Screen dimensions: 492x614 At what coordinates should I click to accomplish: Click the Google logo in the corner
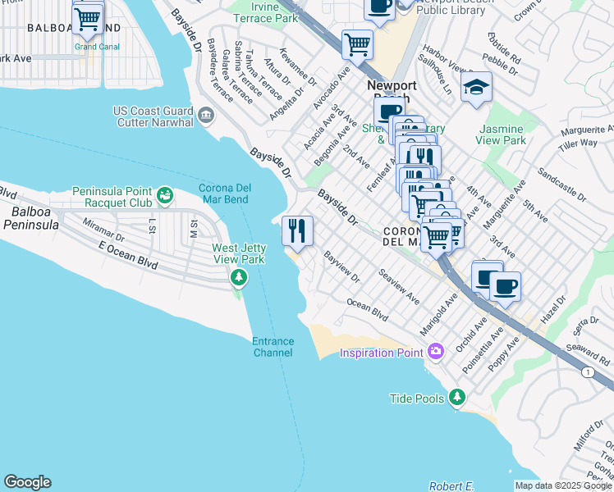pyautogui.click(x=27, y=482)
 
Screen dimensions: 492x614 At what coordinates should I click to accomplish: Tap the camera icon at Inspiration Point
pyautogui.click(x=435, y=352)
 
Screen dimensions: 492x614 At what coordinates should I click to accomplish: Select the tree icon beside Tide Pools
pyautogui.click(x=457, y=399)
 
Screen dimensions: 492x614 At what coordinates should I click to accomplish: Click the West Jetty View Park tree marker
pyautogui.click(x=239, y=278)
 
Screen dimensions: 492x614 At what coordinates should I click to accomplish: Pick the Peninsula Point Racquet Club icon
pyautogui.click(x=166, y=195)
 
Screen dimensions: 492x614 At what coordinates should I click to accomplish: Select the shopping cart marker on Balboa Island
pyautogui.click(x=88, y=17)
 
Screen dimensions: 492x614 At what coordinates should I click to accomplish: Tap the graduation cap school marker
pyautogui.click(x=476, y=88)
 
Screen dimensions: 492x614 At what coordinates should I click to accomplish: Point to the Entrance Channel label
pyautogui.click(x=273, y=347)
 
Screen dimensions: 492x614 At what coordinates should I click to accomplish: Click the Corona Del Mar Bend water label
pyautogui.click(x=224, y=194)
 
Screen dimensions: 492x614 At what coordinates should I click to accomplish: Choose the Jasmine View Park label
pyautogui.click(x=502, y=135)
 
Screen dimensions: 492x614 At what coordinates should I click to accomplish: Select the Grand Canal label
pyautogui.click(x=97, y=47)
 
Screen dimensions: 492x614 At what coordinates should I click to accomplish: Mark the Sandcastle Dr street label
pyautogui.click(x=561, y=185)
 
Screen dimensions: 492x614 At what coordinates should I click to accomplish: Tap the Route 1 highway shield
pyautogui.click(x=588, y=372)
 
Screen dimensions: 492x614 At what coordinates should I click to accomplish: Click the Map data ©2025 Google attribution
pyautogui.click(x=562, y=485)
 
